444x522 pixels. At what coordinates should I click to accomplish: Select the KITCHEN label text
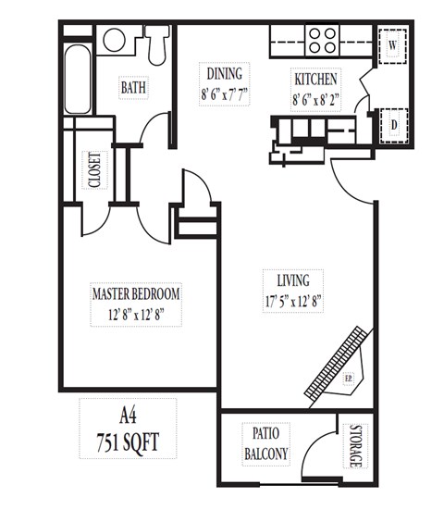tap(315, 80)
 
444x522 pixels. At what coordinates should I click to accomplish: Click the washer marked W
tap(392, 45)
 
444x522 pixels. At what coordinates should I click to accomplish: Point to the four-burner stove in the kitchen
tap(323, 40)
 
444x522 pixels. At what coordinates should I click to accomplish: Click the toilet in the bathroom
tap(158, 42)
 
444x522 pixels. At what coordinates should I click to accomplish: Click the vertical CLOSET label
tap(94, 170)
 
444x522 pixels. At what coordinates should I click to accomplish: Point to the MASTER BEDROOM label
tap(136, 293)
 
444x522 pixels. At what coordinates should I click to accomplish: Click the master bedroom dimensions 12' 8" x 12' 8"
tap(136, 313)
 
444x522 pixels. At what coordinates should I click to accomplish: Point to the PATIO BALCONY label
tap(265, 443)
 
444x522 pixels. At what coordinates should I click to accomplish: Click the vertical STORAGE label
tap(356, 445)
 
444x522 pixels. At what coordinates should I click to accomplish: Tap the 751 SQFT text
tap(128, 442)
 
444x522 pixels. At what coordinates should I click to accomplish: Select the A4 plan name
tap(128, 416)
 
